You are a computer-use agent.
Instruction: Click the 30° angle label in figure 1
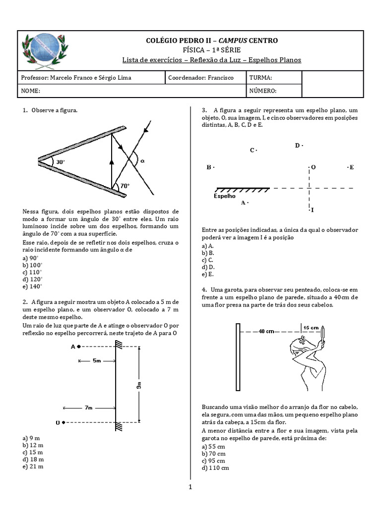click(60, 162)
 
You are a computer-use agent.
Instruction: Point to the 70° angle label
click(124, 186)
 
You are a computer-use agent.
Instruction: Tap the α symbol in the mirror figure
click(142, 160)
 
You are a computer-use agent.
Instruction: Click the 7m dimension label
click(88, 407)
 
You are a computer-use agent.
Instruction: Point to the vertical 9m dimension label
click(139, 386)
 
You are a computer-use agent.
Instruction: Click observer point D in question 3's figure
click(299, 146)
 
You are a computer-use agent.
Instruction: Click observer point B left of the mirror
click(210, 167)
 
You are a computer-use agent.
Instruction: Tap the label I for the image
click(313, 210)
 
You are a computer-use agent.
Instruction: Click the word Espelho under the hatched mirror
click(224, 196)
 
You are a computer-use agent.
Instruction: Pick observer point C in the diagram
click(253, 150)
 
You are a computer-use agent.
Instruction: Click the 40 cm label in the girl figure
click(266, 331)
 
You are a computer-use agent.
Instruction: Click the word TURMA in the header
click(260, 78)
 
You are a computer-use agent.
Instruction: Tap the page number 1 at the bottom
click(190, 487)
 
